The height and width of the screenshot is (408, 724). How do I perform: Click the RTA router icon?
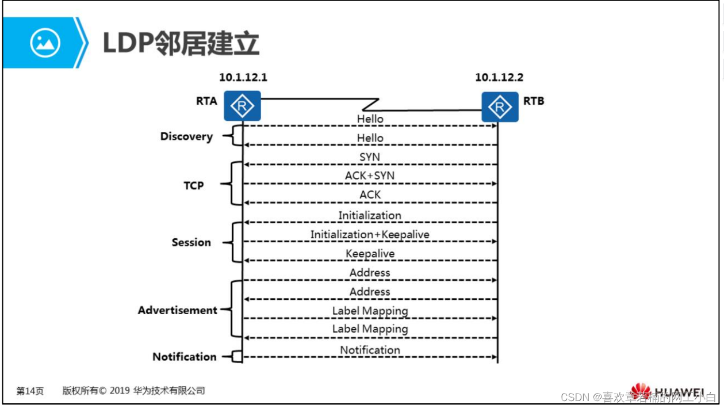[242, 106]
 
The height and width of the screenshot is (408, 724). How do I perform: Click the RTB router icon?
[500, 106]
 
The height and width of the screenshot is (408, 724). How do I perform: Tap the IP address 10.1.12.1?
[243, 77]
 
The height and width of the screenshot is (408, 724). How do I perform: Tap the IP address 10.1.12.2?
[499, 77]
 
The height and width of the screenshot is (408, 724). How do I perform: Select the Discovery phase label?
[186, 137]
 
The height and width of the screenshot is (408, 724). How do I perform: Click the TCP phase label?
[194, 186]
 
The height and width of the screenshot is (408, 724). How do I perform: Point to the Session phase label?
[191, 242]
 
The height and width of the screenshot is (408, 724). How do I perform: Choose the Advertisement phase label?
[178, 310]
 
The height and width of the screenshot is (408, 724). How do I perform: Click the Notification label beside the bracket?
[185, 357]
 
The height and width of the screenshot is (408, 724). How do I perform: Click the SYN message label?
[370, 157]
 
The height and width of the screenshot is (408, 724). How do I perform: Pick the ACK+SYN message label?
[370, 176]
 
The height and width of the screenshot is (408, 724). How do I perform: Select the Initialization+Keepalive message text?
[370, 235]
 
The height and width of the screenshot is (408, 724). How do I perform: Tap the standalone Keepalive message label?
[370, 254]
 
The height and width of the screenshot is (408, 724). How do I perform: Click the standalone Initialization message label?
[370, 216]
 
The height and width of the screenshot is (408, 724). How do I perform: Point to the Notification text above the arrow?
[370, 350]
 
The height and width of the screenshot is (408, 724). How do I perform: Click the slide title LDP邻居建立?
[181, 44]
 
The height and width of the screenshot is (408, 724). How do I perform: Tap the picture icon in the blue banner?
[45, 43]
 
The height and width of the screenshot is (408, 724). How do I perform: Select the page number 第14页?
[29, 391]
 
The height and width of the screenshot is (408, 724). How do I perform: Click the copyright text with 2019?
[133, 391]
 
